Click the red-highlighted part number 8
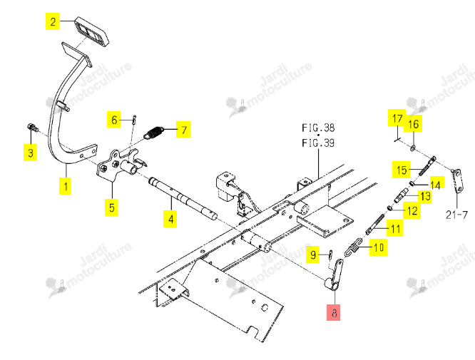click(333, 312)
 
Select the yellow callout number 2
click(52, 21)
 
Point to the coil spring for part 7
click(153, 133)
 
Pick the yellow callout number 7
click(183, 129)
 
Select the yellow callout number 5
click(111, 207)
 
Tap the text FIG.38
click(318, 128)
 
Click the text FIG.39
click(318, 143)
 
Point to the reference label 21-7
click(456, 215)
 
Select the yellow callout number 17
click(397, 118)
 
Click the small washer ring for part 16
click(413, 148)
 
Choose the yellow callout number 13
click(425, 196)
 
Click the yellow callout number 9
click(312, 254)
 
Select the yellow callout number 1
click(65, 185)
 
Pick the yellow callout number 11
click(395, 229)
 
